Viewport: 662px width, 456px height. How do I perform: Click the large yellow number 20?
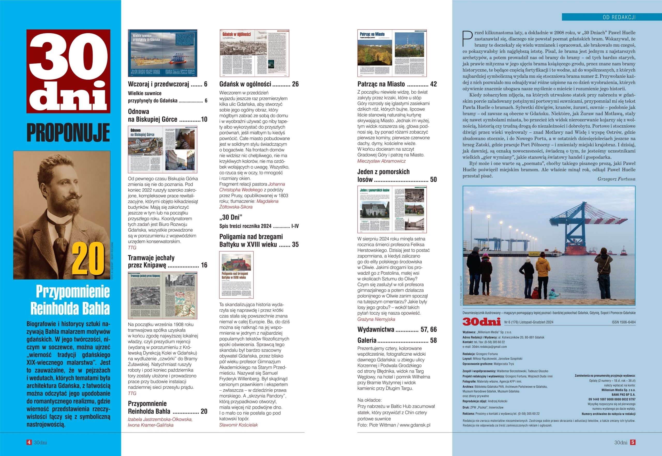click(88, 259)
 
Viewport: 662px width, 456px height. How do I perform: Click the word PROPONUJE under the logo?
click(68, 133)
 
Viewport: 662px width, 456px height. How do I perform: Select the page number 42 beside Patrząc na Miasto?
click(433, 84)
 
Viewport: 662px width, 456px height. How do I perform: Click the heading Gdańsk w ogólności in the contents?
click(245, 84)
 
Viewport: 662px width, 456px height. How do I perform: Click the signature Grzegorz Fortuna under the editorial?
click(616, 179)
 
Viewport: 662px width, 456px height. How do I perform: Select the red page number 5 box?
click(633, 442)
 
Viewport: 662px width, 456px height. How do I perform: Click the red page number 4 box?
click(29, 442)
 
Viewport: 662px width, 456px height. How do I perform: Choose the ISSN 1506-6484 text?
click(623, 322)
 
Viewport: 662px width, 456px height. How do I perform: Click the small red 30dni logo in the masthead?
click(482, 322)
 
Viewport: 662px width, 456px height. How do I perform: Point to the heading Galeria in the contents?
click(367, 340)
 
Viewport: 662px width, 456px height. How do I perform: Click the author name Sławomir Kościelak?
click(238, 425)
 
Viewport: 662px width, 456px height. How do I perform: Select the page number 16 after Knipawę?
click(204, 265)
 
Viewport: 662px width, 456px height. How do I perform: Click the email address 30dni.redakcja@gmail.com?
click(489, 347)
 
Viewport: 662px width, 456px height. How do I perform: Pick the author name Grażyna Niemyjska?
click(376, 319)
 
